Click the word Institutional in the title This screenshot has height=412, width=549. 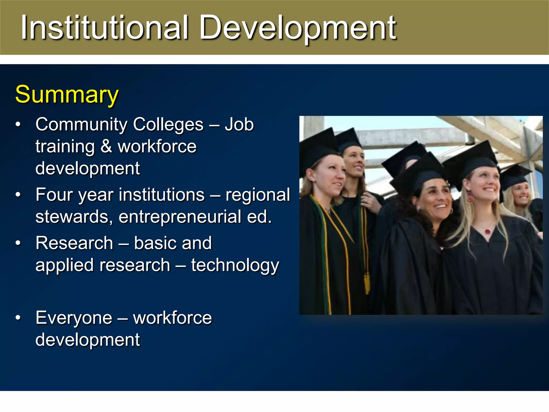pos(105,27)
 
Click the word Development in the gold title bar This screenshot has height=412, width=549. pos(298,28)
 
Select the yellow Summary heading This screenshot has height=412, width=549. pos(67,94)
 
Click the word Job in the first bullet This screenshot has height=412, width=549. pos(239,124)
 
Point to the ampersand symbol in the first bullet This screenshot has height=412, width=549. pos(106,146)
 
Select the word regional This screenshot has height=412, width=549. pos(258,195)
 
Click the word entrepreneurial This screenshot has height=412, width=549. pos(180,217)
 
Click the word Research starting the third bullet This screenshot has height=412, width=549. pos(74,243)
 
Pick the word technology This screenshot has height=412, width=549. pos(235,266)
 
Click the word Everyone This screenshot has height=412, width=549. pos(74,318)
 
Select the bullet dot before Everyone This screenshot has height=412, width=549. pos(18,318)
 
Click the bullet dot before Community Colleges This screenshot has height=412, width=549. pos(18,124)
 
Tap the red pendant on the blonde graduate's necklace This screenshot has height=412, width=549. pos(487,231)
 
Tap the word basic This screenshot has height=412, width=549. pos(154,243)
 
